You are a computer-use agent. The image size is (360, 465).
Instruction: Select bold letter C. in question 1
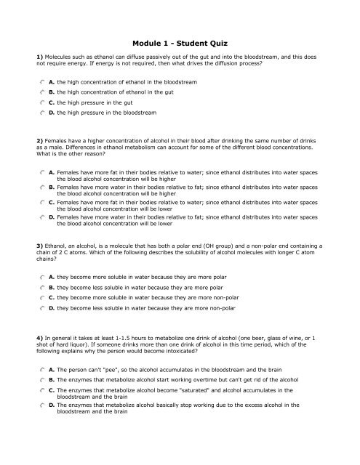click(x=52, y=103)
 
